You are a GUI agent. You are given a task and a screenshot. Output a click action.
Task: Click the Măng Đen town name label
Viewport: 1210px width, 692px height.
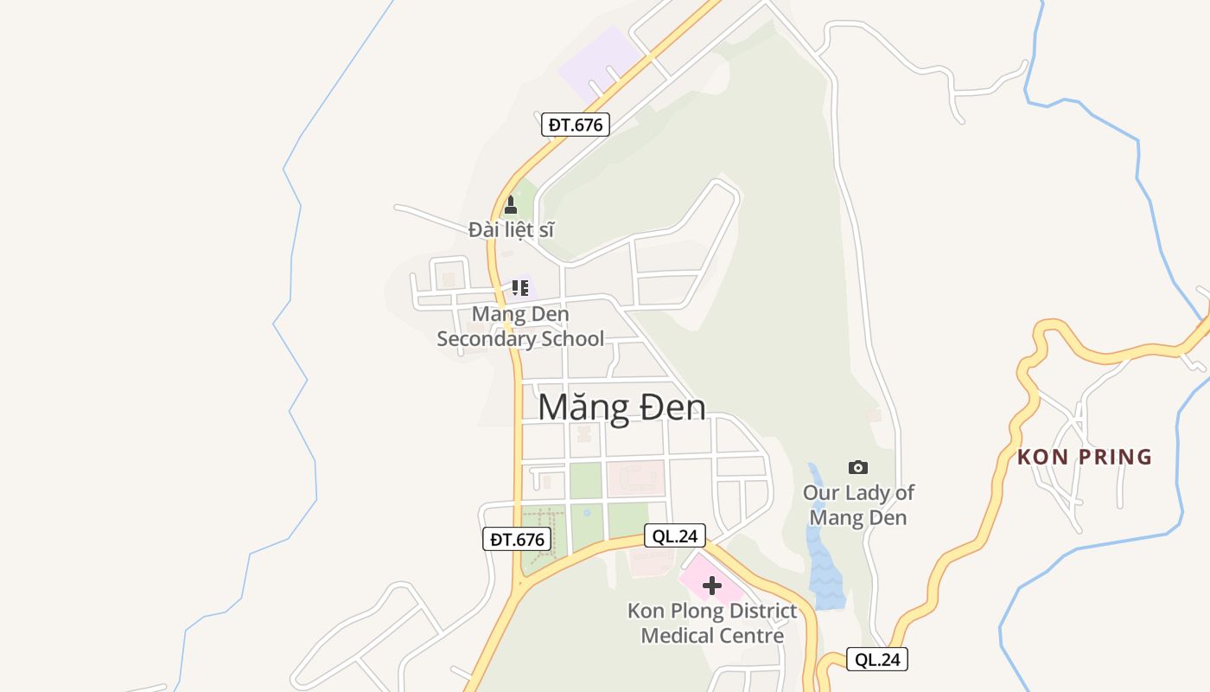point(621,408)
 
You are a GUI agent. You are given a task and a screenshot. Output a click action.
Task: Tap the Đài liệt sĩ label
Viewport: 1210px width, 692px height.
point(511,230)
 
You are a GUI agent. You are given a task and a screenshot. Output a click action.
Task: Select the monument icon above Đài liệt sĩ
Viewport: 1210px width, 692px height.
point(511,205)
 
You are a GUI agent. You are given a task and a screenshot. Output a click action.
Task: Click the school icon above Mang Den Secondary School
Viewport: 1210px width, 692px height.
point(519,288)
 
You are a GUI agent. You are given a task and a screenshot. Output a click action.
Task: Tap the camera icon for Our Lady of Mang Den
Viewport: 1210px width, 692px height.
point(858,468)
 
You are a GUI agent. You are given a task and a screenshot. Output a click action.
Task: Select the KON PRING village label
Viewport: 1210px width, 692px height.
point(1085,457)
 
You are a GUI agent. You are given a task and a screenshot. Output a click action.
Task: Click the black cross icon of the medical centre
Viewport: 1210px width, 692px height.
point(712,586)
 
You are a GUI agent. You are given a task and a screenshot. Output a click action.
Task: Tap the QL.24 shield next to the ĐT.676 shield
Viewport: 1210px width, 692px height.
point(675,536)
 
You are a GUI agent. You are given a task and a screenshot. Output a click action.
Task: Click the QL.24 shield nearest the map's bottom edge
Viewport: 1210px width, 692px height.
point(877,660)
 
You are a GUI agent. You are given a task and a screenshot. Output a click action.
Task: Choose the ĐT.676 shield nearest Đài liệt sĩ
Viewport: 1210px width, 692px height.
point(576,125)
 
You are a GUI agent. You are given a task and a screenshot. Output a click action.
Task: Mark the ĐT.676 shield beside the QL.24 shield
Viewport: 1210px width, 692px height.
point(517,540)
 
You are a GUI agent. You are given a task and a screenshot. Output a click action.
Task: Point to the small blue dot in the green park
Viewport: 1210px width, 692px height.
point(587,513)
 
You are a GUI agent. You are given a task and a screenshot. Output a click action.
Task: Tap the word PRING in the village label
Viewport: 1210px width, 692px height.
point(1119,457)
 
